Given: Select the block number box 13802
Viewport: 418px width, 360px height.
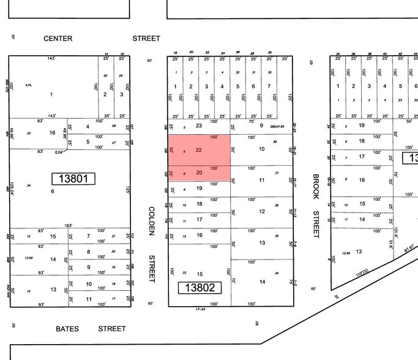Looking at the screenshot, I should [200, 287].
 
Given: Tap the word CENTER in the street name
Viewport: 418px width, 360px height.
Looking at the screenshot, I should [58, 39].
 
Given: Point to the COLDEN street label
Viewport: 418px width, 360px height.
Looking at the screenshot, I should [151, 221].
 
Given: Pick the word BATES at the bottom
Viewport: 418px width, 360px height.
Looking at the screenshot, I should [67, 329].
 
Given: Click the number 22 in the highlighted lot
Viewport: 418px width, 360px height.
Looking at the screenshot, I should [199, 150].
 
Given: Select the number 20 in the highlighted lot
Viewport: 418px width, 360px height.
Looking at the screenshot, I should [199, 173].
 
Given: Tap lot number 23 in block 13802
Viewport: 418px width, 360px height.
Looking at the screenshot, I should [199, 126].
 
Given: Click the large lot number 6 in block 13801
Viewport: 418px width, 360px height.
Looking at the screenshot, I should [53, 192].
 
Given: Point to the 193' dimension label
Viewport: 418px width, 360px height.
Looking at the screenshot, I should [69, 225].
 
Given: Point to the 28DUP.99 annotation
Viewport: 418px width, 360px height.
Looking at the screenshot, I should [277, 126].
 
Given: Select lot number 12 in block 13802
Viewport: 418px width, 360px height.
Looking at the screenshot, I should [262, 212].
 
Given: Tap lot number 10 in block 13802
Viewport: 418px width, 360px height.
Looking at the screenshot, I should [262, 149].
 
